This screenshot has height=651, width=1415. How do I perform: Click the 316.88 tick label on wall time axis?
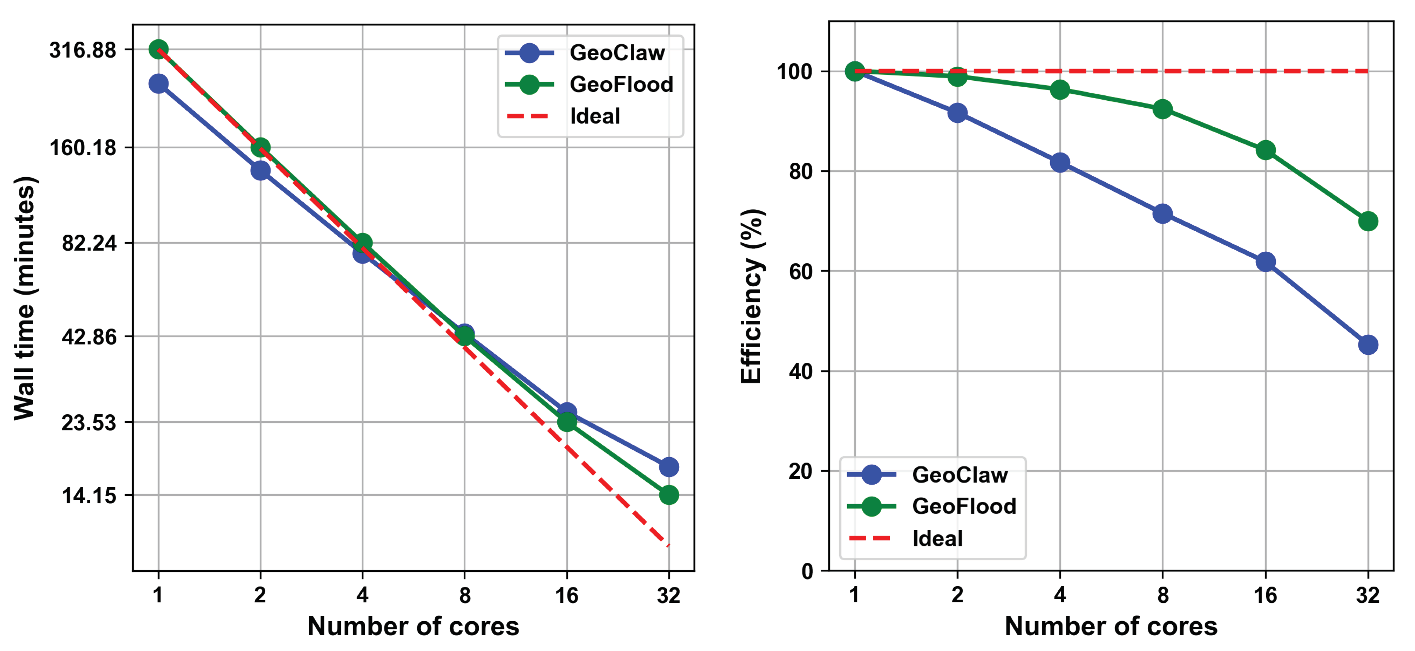[83, 50]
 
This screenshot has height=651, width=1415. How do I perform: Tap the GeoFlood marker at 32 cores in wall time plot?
[669, 495]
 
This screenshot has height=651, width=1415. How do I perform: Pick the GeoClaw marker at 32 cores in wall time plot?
[669, 467]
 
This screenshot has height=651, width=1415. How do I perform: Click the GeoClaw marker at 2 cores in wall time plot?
[261, 170]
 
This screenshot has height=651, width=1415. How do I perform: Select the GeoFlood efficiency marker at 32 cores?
[1368, 221]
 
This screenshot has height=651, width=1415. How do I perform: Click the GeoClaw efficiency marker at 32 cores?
[1368, 345]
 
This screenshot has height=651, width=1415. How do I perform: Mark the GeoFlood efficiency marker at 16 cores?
[1265, 150]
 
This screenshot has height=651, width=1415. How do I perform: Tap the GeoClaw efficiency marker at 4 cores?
[1059, 163]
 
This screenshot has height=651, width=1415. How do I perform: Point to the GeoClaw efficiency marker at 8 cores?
[1162, 214]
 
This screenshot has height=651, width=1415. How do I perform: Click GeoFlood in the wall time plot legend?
[621, 85]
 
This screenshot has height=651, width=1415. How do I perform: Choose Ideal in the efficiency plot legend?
[937, 539]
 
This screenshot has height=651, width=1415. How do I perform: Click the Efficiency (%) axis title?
[751, 297]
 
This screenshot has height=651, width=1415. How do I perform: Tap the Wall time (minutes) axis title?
[25, 298]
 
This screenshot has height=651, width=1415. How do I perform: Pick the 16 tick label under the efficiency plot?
[1265, 595]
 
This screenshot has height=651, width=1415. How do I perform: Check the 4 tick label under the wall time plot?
[362, 595]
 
